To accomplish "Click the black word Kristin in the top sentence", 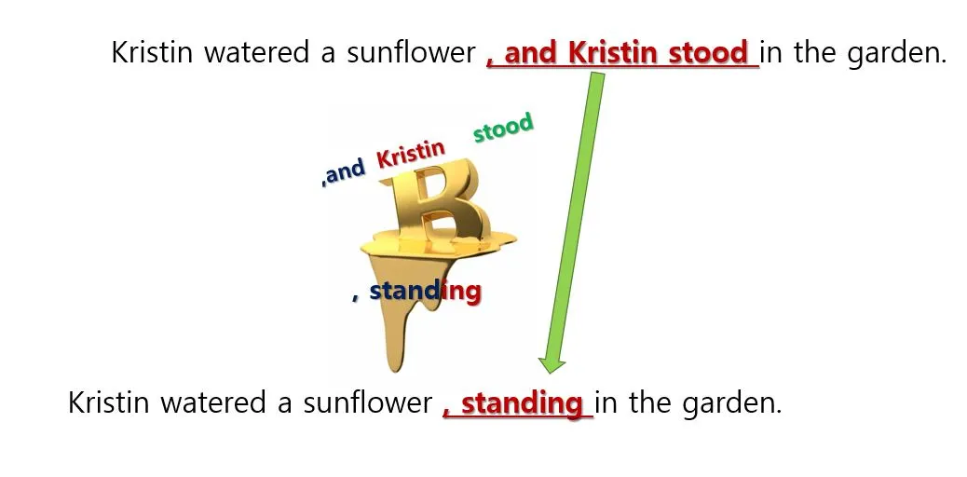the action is coord(153,52).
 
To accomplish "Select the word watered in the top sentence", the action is coord(256,52).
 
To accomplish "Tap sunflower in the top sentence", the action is coord(411,52).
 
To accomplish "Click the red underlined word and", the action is coord(530,53).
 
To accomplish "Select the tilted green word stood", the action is coord(503,127).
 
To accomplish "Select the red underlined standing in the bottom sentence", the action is coord(522,403).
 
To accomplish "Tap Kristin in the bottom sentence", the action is coord(109,403).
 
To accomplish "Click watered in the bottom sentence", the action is coord(212,403).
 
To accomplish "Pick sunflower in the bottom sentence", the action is coord(367,403).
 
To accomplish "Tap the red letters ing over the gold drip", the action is coord(461,292).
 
